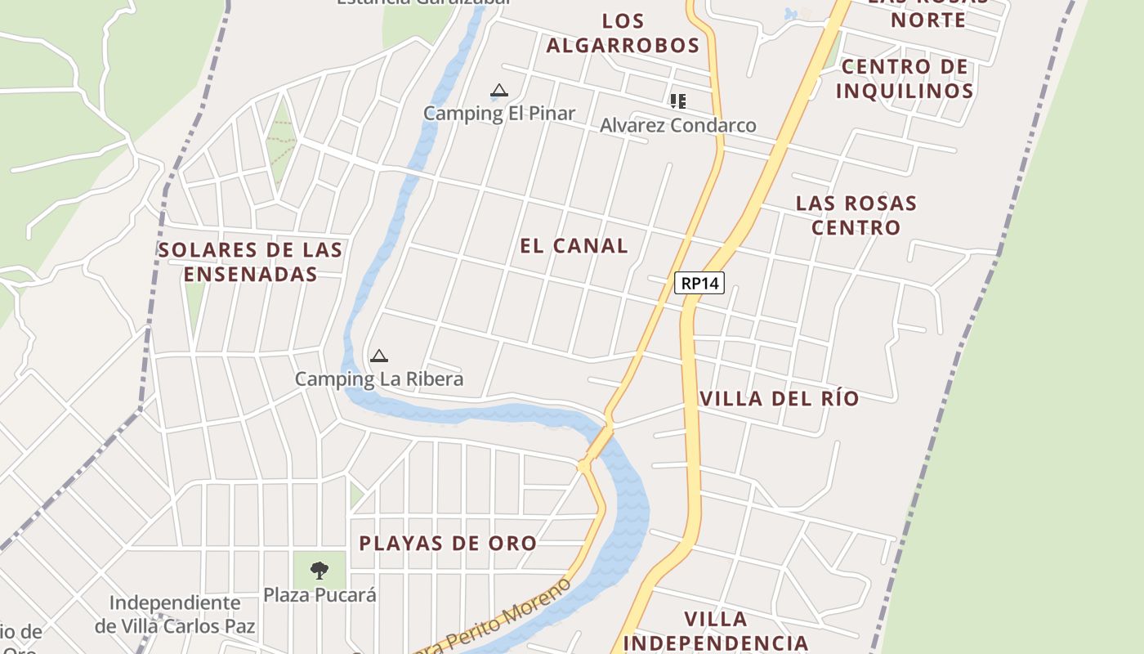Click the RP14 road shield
click(699, 283)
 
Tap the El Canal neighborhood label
click(574, 245)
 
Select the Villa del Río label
click(780, 399)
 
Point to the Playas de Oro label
click(448, 544)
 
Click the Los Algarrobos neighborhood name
click(623, 33)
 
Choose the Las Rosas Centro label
click(856, 215)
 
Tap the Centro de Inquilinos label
click(905, 78)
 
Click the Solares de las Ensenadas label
click(250, 262)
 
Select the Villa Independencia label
click(716, 631)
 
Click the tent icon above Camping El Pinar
click(499, 91)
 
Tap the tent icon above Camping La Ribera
click(378, 356)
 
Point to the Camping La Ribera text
click(378, 379)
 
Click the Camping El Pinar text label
click(499, 114)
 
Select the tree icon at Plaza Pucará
click(320, 570)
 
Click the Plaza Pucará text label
click(320, 594)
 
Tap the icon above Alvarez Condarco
click(677, 101)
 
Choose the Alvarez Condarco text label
click(677, 125)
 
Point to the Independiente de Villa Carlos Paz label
click(175, 615)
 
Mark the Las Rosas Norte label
click(928, 11)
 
